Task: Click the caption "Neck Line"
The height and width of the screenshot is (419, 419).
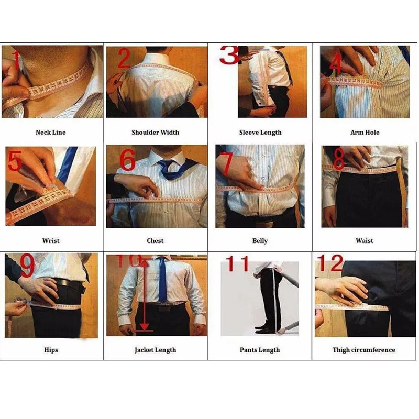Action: [x=51, y=133]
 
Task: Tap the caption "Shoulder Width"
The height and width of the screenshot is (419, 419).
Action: [x=155, y=133]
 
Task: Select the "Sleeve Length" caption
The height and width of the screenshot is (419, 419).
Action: [x=260, y=133]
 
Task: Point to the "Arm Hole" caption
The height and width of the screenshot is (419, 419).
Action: [x=365, y=133]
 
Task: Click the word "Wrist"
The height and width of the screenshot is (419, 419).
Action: [x=51, y=241]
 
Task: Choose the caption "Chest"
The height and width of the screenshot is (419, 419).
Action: [x=155, y=241]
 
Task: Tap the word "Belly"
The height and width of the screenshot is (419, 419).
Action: [x=260, y=241]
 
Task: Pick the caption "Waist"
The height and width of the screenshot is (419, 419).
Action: [x=365, y=241]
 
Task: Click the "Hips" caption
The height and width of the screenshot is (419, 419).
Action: [x=51, y=350]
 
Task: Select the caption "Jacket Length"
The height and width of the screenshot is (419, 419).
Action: [x=155, y=350]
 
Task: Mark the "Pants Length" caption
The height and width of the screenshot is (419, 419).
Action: [x=260, y=350]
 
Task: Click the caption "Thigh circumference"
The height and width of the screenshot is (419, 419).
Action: [x=364, y=350]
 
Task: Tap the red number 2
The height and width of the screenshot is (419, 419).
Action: [x=123, y=59]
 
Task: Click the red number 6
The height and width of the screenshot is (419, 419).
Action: [x=127, y=160]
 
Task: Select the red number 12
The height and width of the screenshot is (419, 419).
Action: [x=330, y=263]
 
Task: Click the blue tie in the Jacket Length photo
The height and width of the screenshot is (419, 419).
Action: [x=163, y=283]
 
